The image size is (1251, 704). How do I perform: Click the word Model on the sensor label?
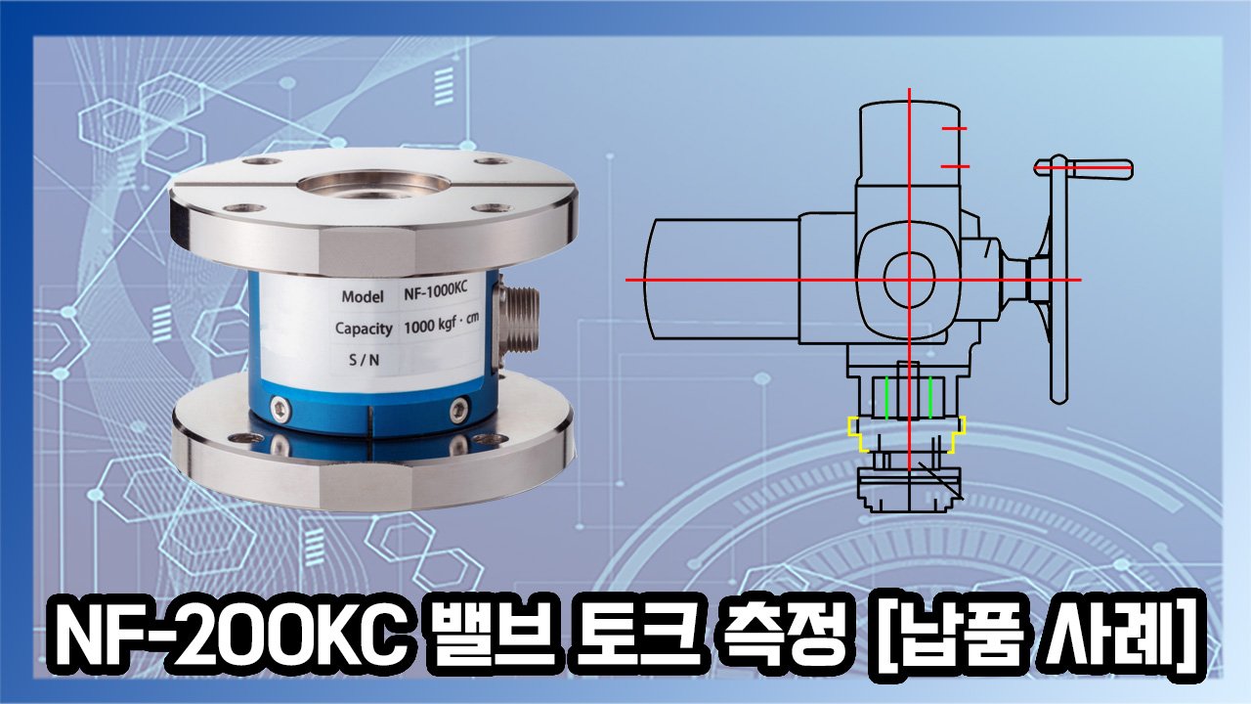tap(363, 296)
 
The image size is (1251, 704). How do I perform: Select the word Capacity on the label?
tap(364, 328)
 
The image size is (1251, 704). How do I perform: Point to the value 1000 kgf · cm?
tap(441, 323)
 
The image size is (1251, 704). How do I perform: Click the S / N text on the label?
tap(365, 360)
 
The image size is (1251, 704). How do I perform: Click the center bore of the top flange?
tap(373, 186)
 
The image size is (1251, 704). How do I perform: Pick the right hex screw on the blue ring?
tap(459, 408)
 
